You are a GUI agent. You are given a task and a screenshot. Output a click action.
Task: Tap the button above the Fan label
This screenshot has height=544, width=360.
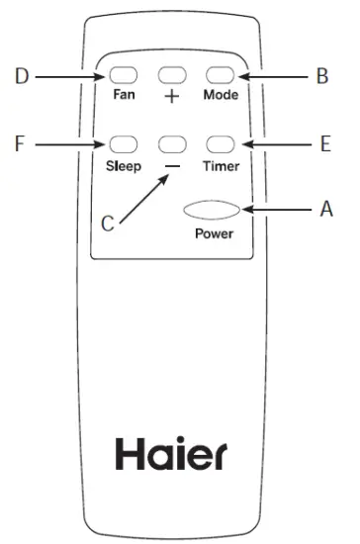(123, 75)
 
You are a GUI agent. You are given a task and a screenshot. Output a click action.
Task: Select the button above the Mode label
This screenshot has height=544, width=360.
(220, 75)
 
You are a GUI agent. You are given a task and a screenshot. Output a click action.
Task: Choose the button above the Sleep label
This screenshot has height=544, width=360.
(123, 144)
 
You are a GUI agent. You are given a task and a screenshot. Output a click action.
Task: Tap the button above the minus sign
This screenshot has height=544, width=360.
(171, 144)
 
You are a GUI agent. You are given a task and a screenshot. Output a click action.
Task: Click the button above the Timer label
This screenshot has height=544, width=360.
(220, 144)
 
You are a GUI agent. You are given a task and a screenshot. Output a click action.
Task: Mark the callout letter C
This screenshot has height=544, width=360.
(109, 225)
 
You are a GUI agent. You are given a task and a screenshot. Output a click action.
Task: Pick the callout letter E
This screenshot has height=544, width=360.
(322, 144)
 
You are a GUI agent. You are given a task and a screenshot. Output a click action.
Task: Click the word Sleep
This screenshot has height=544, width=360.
(124, 166)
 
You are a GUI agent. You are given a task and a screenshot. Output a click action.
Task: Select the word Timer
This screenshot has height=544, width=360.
(221, 166)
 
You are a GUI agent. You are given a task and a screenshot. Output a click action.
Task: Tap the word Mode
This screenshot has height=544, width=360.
(221, 97)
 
